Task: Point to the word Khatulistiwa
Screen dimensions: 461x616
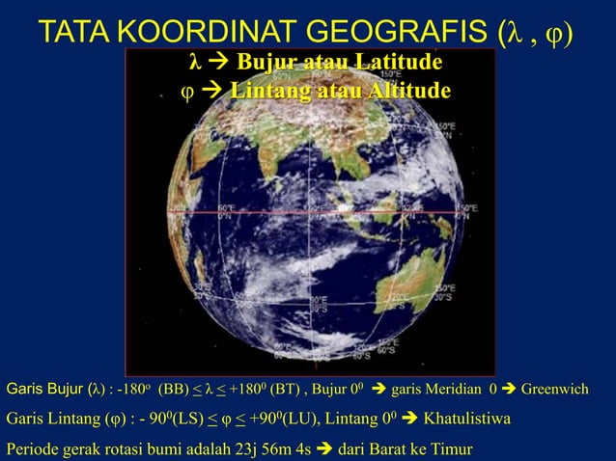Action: coord(466,420)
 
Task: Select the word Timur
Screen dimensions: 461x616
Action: coord(452,448)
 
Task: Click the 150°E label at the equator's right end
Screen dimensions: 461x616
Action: coord(466,211)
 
